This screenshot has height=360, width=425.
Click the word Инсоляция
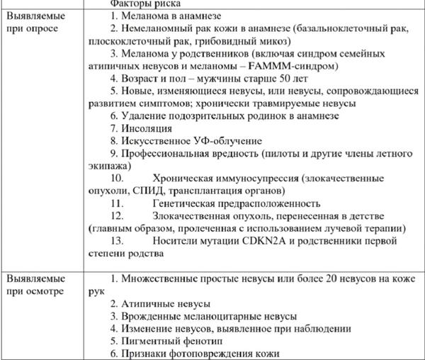coord(146,128)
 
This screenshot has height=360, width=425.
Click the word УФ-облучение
coord(227,140)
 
